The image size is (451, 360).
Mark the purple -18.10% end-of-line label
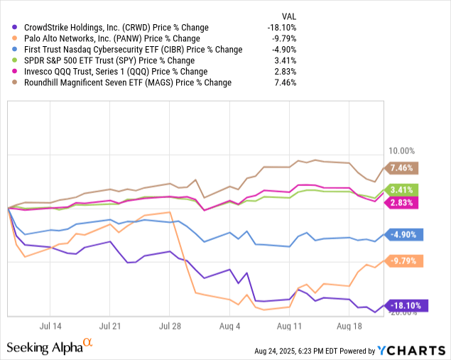(x=405, y=305)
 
